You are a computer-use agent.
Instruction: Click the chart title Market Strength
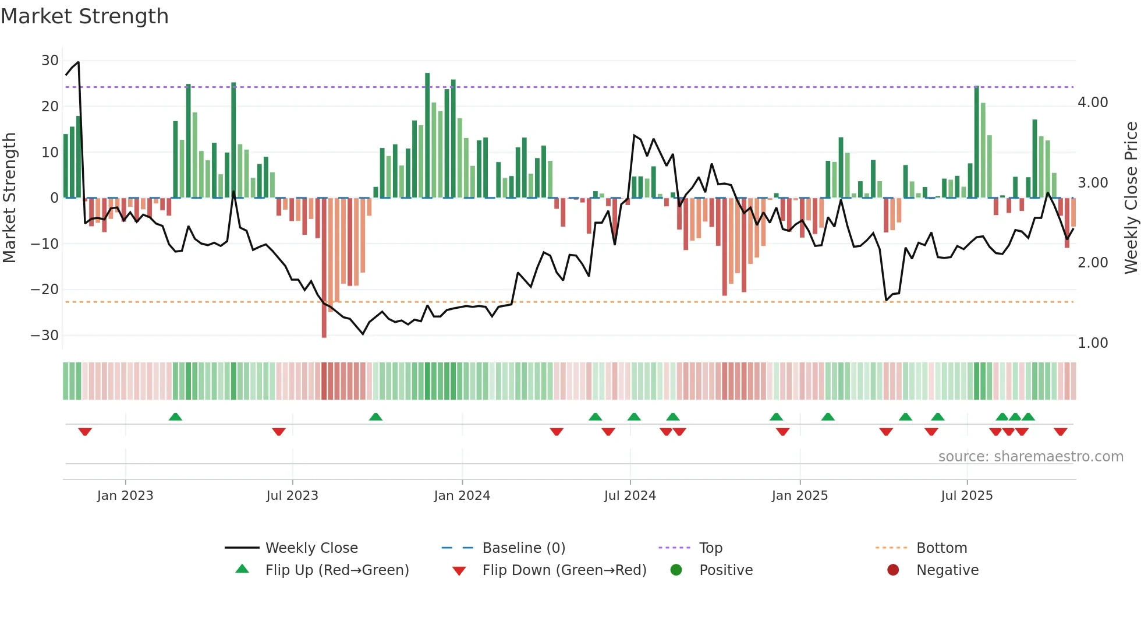click(84, 16)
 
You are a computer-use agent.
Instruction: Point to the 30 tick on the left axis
click(50, 61)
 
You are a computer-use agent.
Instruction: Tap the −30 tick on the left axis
click(45, 336)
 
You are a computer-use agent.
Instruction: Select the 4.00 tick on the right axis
click(1093, 103)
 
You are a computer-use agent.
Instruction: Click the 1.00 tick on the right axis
click(1093, 343)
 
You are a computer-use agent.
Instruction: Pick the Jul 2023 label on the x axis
click(292, 496)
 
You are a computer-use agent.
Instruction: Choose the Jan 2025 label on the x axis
click(799, 496)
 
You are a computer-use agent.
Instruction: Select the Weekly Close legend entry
click(311, 548)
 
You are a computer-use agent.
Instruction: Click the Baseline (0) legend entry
click(523, 548)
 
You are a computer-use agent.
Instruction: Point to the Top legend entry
click(710, 548)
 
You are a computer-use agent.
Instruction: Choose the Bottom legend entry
click(941, 548)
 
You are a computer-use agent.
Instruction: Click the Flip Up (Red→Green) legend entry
click(336, 570)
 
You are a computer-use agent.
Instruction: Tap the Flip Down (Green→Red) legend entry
click(564, 570)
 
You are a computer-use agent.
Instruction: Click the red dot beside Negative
click(893, 570)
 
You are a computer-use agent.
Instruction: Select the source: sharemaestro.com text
click(1030, 457)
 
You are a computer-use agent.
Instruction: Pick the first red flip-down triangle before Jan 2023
click(85, 432)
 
